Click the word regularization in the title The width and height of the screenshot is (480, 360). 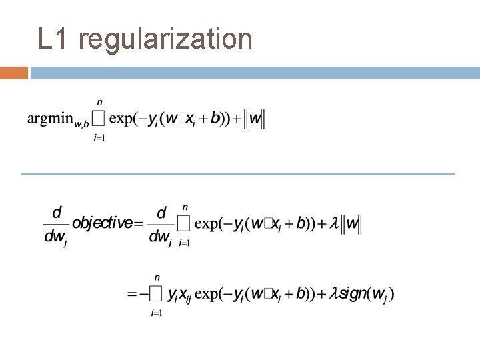pyautogui.click(x=165, y=40)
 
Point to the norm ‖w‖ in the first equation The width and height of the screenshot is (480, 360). pyautogui.click(x=255, y=119)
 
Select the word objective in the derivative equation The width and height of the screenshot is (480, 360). pyautogui.click(x=102, y=223)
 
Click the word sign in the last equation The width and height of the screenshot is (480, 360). pyautogui.click(x=351, y=293)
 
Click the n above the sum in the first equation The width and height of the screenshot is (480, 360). pyautogui.click(x=100, y=102)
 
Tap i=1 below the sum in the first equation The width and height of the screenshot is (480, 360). pyautogui.click(x=100, y=138)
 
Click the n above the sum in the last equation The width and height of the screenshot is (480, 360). pyautogui.click(x=157, y=277)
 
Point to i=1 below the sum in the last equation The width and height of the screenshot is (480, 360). pyautogui.click(x=157, y=313)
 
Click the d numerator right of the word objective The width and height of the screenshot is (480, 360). pyautogui.click(x=161, y=213)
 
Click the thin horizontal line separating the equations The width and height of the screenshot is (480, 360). pyautogui.click(x=237, y=175)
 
